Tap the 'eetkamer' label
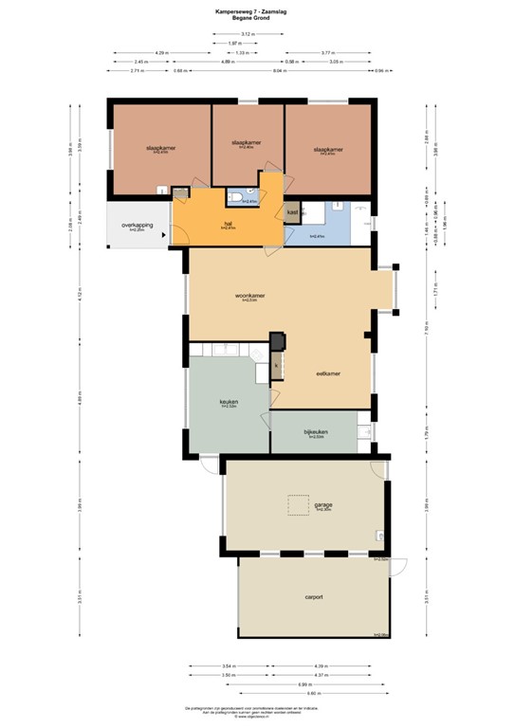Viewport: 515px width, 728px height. [x=327, y=373]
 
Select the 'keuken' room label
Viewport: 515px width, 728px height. [x=229, y=402]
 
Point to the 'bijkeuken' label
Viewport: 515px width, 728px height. [x=315, y=432]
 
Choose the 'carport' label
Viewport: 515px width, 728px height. [x=315, y=597]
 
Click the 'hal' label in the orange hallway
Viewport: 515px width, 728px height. [x=228, y=224]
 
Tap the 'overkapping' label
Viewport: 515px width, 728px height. [x=138, y=226]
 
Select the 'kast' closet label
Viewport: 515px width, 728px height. [x=292, y=212]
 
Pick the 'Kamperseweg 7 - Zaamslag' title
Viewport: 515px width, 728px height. [x=257, y=11]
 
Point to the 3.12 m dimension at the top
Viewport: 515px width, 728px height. [x=247, y=33]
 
